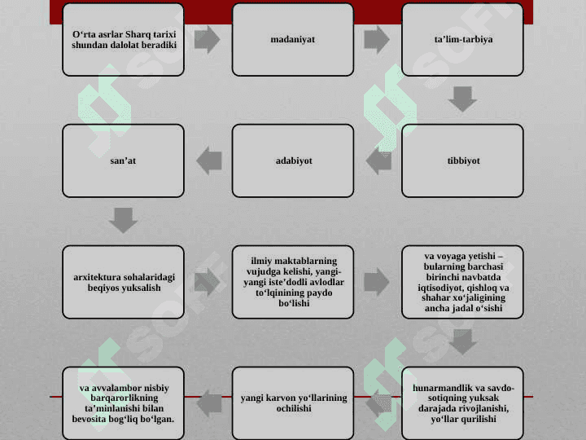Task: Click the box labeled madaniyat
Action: [293, 40]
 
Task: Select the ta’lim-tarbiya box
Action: [462, 40]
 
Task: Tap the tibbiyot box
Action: [462, 161]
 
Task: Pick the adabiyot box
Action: [293, 161]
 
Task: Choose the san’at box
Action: [123, 161]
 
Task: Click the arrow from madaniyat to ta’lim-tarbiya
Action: [377, 40]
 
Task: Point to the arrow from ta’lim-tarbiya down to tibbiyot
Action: [462, 99]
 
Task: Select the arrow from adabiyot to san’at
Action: [209, 161]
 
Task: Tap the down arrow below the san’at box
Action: [123, 220]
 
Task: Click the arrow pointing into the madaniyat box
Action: [207, 40]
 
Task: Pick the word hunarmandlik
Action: [436, 388]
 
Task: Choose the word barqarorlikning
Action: [124, 398]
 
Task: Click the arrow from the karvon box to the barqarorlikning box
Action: [209, 403]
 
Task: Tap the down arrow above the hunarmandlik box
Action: [462, 341]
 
